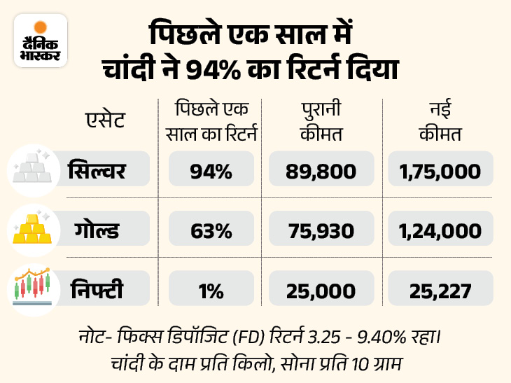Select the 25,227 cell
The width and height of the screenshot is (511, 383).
pyautogui.click(x=440, y=289)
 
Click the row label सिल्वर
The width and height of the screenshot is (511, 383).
pyautogui.click(x=97, y=170)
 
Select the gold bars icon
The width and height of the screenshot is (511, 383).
pyautogui.click(x=31, y=228)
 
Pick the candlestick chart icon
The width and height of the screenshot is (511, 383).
pyautogui.click(x=31, y=286)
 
